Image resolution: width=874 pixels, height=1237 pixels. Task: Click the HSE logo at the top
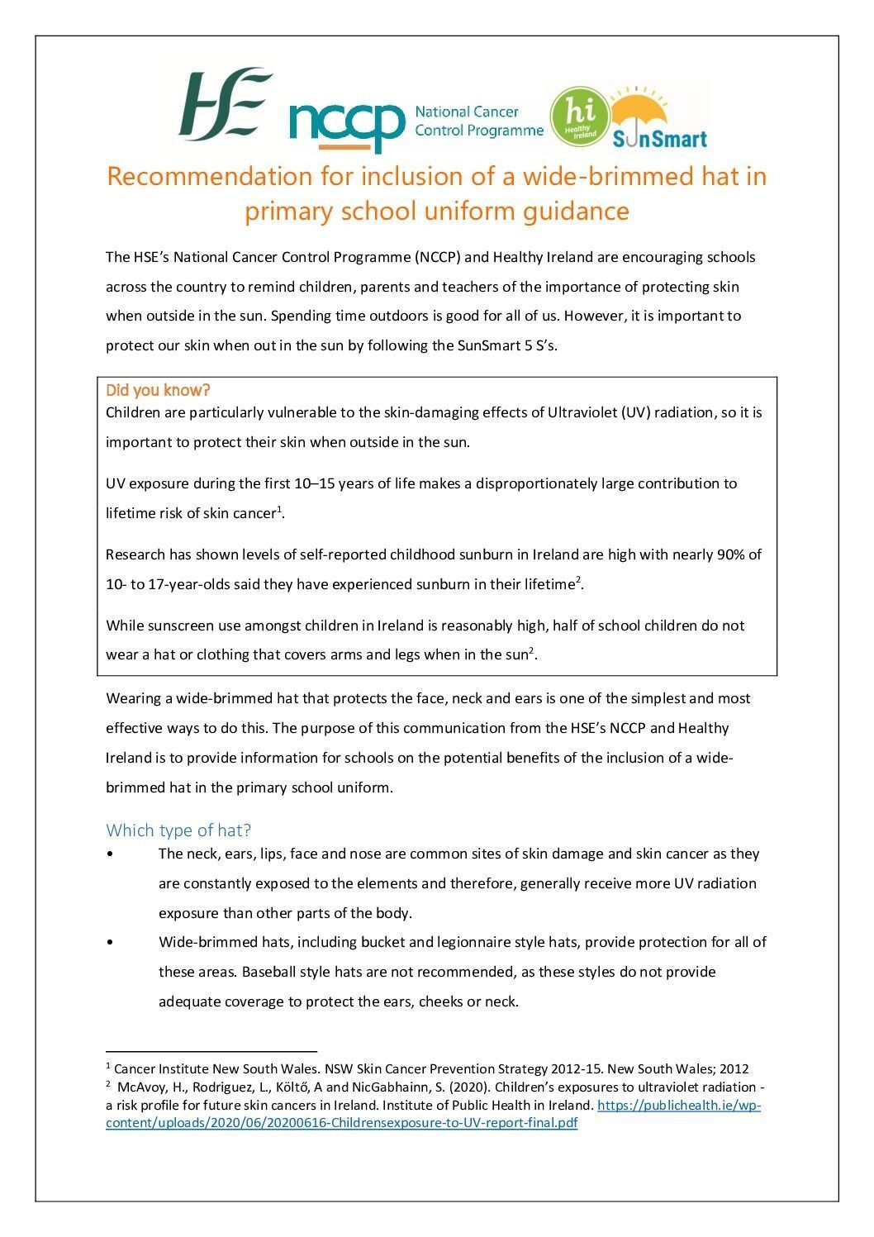[x=225, y=105]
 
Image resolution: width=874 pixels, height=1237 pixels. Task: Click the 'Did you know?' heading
[x=159, y=390]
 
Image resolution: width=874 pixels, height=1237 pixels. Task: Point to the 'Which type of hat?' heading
[x=178, y=830]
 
